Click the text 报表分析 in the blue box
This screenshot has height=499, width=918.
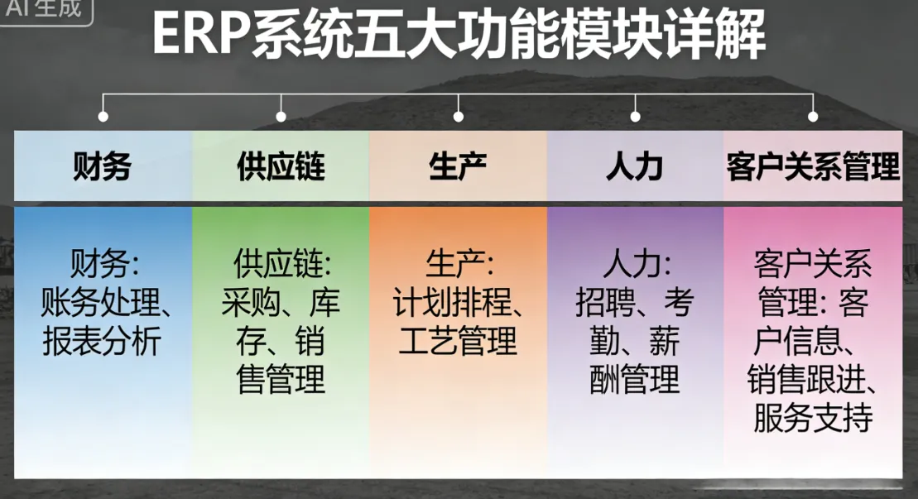[x=102, y=342]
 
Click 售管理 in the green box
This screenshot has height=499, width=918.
[x=281, y=380]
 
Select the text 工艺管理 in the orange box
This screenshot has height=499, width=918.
[x=458, y=342]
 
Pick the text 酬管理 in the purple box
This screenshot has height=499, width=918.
[x=635, y=380]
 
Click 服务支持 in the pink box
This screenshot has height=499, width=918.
[x=813, y=418]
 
